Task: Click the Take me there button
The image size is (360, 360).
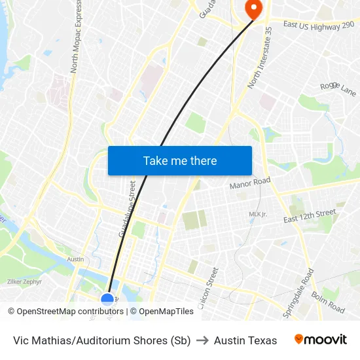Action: coord(180,161)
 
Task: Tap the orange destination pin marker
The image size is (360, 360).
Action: coord(252,9)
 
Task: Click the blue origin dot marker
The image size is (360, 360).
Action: coord(107,300)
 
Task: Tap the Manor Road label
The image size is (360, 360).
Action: coord(250,185)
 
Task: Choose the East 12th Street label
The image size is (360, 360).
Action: coord(310,217)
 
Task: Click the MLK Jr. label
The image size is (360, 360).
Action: coord(258,214)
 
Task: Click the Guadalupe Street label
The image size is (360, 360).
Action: coord(128,210)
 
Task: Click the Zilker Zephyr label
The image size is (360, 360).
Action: coord(24,282)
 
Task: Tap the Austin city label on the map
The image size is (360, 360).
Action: coord(75,259)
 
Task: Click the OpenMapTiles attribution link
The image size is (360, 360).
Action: coord(166,312)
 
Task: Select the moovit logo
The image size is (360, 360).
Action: coord(321,340)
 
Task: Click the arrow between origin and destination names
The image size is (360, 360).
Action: coord(202,340)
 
